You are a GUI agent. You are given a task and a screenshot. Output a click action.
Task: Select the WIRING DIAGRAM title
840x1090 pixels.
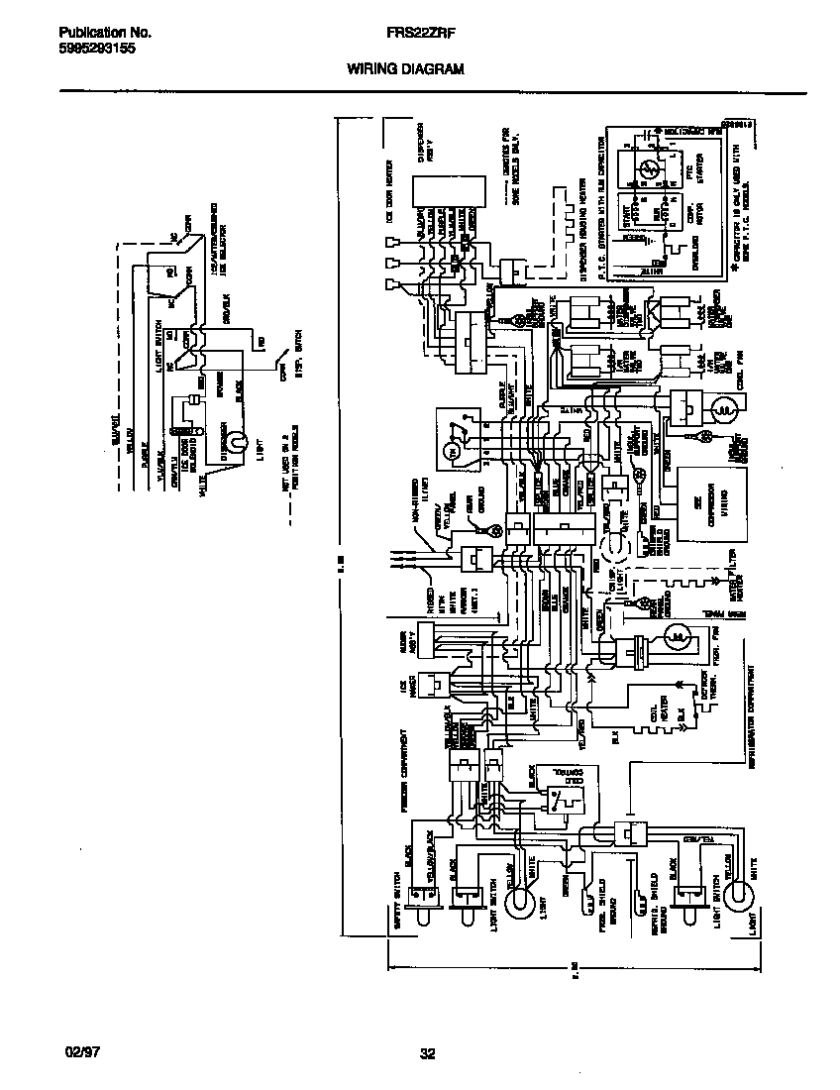(404, 69)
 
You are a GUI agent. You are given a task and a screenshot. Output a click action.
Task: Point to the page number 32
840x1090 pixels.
(427, 1054)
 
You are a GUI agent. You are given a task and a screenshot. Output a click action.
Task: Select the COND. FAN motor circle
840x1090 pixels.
(724, 407)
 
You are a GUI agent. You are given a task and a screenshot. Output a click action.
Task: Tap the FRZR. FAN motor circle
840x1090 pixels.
(677, 635)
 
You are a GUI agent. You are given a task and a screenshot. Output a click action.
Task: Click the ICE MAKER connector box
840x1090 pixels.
(433, 686)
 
